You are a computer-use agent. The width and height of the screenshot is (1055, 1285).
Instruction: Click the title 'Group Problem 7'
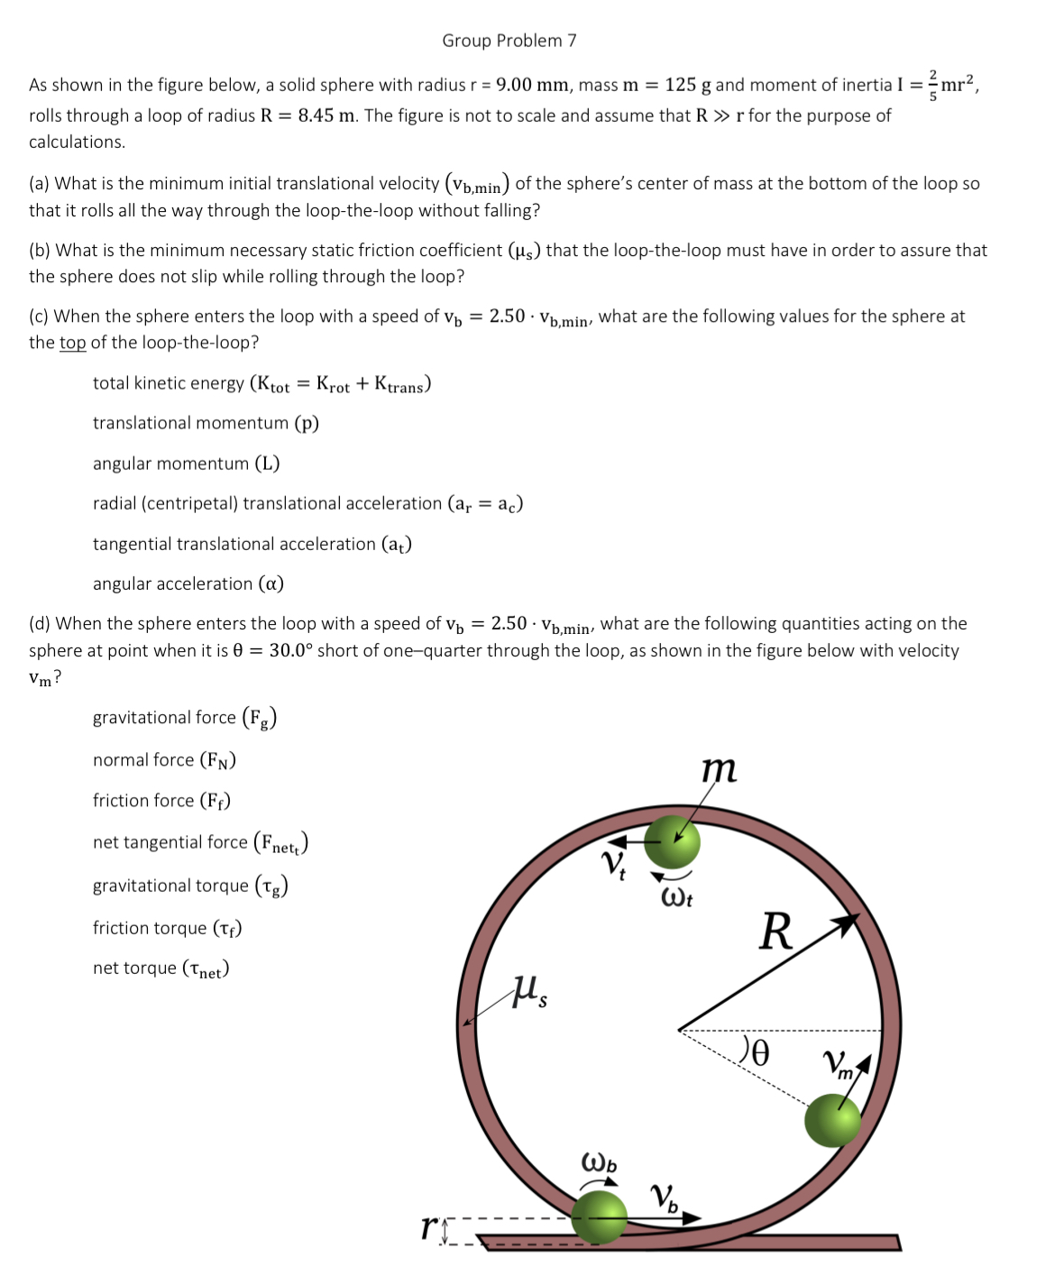(509, 41)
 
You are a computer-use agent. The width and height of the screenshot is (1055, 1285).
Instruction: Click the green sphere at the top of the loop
(672, 841)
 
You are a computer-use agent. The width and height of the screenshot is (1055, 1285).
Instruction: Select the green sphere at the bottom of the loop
(600, 1216)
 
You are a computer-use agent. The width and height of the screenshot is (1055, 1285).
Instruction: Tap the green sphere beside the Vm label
(832, 1120)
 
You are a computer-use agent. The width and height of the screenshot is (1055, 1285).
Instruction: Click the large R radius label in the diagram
(775, 932)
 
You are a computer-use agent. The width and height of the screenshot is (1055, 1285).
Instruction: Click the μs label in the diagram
(531, 992)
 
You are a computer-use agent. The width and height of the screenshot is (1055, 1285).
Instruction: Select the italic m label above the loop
(719, 768)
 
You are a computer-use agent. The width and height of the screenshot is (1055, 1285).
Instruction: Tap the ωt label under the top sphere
(676, 898)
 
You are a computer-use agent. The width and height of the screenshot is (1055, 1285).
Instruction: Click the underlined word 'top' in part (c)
(72, 343)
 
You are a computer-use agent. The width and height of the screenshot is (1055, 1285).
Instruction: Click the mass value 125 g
(688, 85)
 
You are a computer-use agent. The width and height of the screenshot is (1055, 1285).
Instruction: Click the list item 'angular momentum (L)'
(186, 464)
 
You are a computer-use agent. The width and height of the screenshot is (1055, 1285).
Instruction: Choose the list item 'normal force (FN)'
(164, 760)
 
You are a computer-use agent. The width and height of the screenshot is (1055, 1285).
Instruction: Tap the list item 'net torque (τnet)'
(161, 968)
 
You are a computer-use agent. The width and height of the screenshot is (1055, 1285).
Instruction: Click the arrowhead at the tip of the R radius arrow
(846, 922)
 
